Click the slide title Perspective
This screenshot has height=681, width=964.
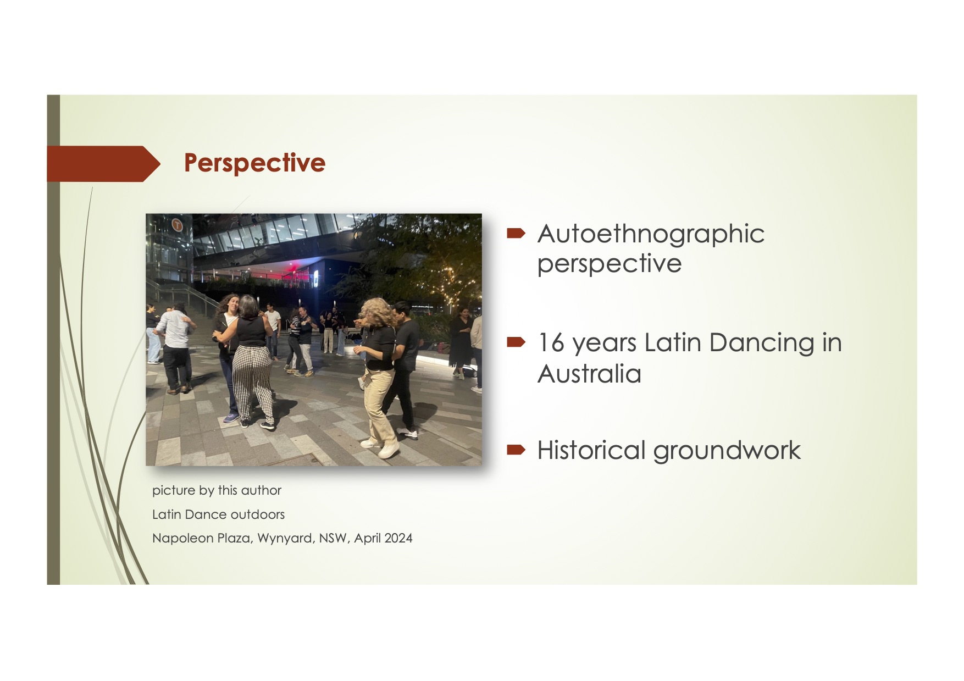point(254,163)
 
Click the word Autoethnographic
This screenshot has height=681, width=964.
point(651,234)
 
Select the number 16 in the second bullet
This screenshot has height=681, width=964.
point(551,342)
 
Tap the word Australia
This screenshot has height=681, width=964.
point(589,374)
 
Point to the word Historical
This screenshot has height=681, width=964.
point(591,450)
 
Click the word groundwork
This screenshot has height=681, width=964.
point(727,451)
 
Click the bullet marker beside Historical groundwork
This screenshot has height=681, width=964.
point(516,450)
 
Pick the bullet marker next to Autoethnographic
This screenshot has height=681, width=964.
point(516,234)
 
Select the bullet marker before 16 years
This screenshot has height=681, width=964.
point(516,342)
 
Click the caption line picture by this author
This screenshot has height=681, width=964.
point(217,490)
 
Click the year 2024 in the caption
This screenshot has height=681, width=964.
point(398,538)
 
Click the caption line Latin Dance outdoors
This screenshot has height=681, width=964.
point(218,514)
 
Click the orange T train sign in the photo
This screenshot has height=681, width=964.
point(177,224)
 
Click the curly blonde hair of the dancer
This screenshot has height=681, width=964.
point(378,313)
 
